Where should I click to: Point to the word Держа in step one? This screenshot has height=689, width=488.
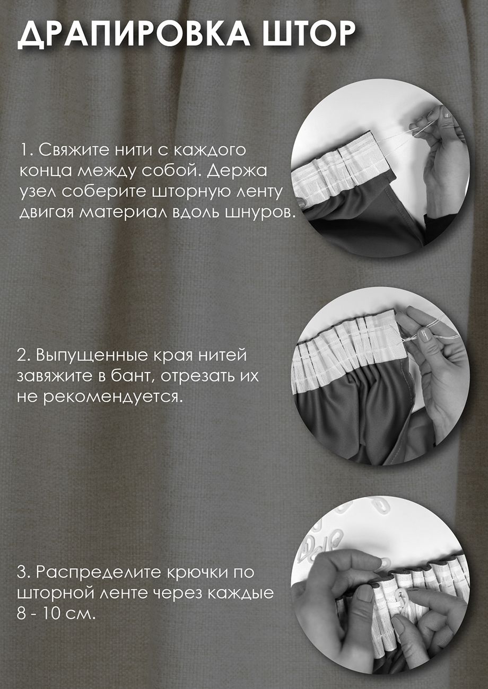[237, 171]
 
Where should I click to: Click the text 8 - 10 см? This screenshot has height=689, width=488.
[55, 614]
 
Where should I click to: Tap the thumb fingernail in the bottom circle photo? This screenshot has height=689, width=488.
[365, 591]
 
